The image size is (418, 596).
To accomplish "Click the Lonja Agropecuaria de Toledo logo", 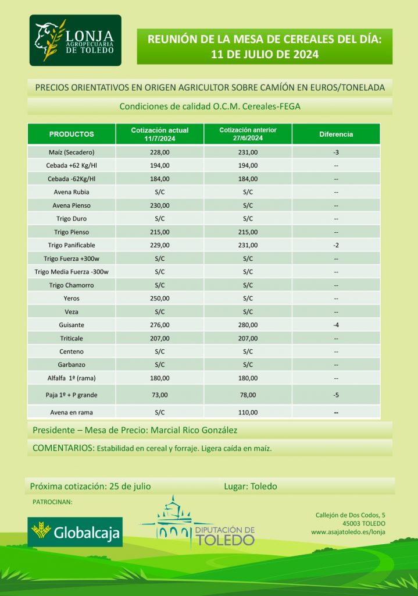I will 76,40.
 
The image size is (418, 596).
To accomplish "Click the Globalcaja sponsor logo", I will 75,531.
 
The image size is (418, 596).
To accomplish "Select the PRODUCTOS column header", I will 72,134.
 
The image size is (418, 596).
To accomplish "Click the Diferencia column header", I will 336,134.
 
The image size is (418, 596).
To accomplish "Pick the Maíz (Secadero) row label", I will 72,152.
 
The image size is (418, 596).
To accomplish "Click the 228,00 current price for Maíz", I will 160,152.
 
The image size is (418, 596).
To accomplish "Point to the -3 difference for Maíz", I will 336,152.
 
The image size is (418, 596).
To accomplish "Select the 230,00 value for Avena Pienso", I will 160,205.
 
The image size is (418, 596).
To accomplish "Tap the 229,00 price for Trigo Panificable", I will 160,245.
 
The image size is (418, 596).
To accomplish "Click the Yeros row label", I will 72,299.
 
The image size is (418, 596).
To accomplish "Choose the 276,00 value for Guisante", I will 160,325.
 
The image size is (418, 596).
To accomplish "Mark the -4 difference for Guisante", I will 336,325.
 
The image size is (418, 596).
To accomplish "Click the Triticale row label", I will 72,338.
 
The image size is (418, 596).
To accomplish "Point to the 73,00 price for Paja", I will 160,395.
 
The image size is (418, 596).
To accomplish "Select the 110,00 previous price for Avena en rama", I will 248,413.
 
